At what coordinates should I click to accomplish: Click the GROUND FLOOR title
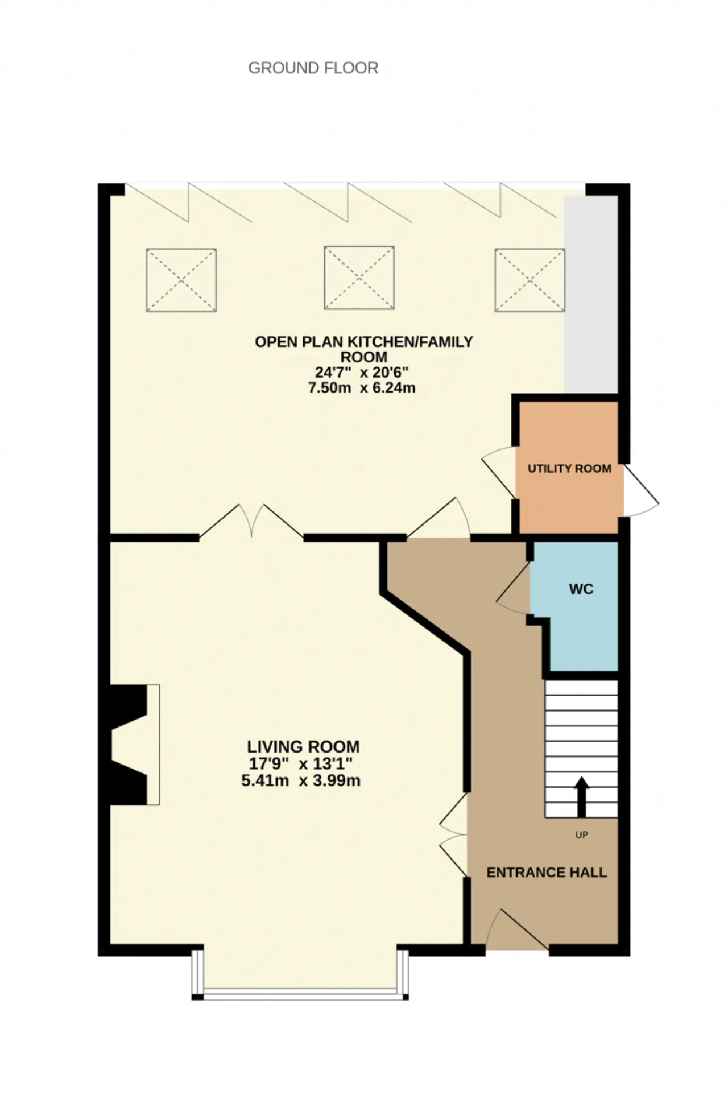coord(313,68)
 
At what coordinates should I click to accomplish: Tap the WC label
coord(581,589)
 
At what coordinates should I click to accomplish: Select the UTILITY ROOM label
coord(569,469)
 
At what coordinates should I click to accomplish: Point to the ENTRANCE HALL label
coord(547,873)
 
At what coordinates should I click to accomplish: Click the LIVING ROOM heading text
coord(303,747)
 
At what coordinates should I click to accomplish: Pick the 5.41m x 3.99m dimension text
coord(301,780)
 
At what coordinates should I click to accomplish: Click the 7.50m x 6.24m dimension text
coord(362,389)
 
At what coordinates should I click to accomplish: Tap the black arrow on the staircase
coord(581,797)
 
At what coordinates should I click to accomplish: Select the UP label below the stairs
coord(581,835)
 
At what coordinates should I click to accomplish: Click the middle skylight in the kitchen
coord(359,278)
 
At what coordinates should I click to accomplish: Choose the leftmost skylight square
coord(181,280)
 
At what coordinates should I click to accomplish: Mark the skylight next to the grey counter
coord(530,280)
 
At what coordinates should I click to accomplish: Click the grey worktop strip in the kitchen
coord(591,294)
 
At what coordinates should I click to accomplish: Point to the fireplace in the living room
coord(134,745)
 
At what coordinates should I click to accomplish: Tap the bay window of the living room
coord(300,976)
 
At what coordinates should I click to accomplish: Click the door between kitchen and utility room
coord(499,472)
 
